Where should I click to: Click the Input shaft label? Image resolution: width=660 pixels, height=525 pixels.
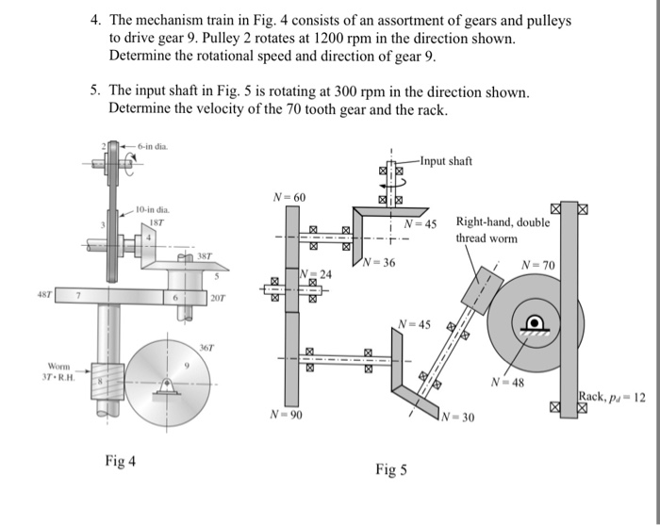446,161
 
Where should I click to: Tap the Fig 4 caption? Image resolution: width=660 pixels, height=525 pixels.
120,461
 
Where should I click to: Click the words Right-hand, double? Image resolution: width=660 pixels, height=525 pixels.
501,223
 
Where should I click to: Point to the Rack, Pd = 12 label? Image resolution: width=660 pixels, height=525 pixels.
612,397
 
